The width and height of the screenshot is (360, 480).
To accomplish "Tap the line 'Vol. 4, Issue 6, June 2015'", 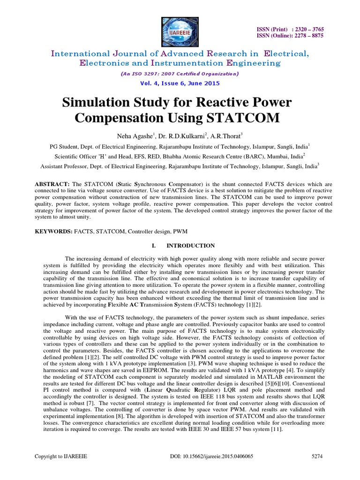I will click(x=180, y=83).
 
